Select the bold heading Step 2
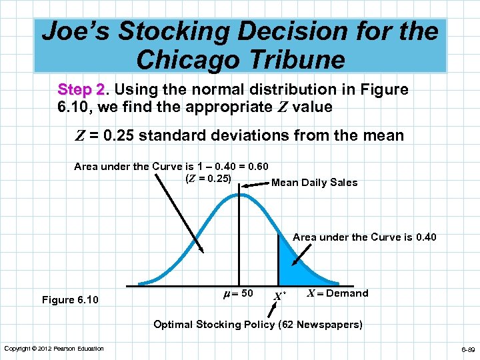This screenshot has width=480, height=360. click(81, 89)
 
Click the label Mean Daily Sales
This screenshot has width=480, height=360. click(314, 183)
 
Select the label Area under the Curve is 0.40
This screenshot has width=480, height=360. click(364, 237)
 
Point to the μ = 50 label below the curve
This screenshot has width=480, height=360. click(237, 292)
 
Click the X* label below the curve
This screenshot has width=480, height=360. click(279, 295)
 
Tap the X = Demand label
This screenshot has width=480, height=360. click(337, 293)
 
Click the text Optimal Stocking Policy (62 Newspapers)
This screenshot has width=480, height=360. click(258, 325)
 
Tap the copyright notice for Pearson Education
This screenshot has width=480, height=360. click(54, 349)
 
